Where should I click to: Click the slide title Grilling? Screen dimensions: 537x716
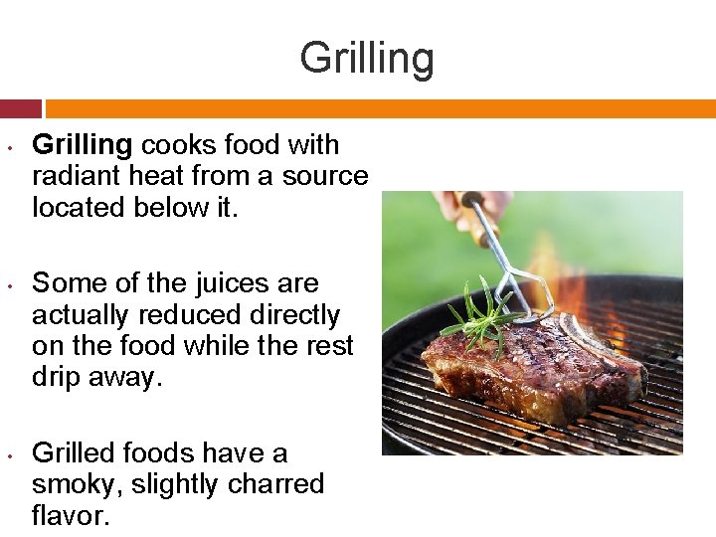click(367, 58)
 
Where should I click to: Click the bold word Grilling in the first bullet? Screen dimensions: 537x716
click(82, 145)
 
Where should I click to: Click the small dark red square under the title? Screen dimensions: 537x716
click(20, 108)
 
